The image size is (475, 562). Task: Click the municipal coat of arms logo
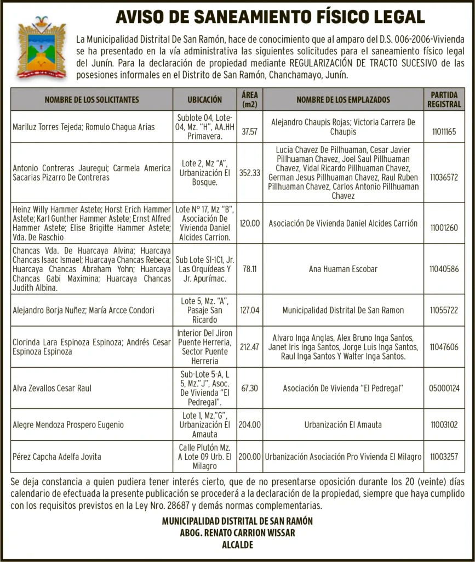[x=42, y=48]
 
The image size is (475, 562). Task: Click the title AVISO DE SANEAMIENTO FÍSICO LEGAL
[x=270, y=17]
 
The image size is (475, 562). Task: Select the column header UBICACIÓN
[x=205, y=99]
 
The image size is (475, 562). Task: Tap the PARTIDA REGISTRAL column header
[x=444, y=99]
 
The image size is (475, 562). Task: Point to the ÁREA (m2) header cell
[x=249, y=99]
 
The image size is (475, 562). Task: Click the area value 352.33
[x=249, y=173]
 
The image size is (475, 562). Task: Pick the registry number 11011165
[x=444, y=132]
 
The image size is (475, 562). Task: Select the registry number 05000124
[x=444, y=388]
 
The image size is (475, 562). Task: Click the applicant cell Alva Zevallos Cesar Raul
[x=52, y=388]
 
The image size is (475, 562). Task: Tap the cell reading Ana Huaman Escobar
[x=343, y=269]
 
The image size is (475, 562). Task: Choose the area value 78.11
[x=249, y=269]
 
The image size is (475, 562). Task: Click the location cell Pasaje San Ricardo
[x=205, y=310]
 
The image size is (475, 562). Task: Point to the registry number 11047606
[x=444, y=347]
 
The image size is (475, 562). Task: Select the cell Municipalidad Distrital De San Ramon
[x=343, y=310]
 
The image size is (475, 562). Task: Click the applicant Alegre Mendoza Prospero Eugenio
[x=68, y=424]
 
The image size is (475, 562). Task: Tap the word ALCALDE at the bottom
[x=237, y=545]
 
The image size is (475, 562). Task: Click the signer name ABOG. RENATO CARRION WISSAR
[x=237, y=533]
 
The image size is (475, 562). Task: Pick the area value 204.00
[x=249, y=424]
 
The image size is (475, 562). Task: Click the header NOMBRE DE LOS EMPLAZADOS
[x=343, y=99]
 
